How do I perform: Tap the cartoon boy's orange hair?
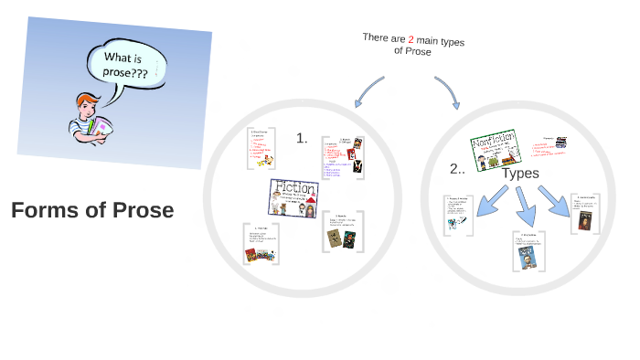(x=88, y=99)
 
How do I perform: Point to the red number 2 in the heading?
(x=411, y=38)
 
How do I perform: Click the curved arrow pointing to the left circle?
(x=366, y=87)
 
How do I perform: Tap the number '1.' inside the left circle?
(x=302, y=138)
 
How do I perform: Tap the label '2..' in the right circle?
(x=458, y=169)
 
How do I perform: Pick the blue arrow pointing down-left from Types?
(x=489, y=198)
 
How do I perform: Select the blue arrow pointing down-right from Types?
(x=555, y=200)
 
